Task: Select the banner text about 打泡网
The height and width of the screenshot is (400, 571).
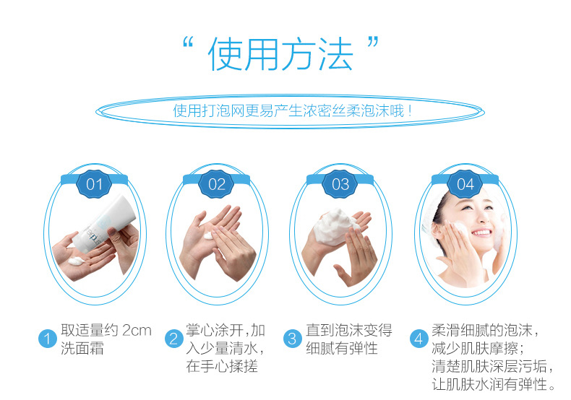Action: point(293,111)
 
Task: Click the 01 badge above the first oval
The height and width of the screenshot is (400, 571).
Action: point(95,184)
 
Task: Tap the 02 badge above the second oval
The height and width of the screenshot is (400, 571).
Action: point(217,184)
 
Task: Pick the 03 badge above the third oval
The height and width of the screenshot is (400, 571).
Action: point(340,184)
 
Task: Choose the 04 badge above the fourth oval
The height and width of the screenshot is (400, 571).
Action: point(465,184)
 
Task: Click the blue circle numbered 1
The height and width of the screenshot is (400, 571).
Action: point(48,339)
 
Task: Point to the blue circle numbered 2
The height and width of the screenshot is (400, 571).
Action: point(173,339)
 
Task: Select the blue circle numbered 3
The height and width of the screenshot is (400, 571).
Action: point(292,339)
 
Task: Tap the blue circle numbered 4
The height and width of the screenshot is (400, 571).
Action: point(418,339)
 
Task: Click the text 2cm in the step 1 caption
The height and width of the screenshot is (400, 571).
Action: point(137,331)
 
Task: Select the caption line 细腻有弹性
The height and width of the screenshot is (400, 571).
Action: point(342,348)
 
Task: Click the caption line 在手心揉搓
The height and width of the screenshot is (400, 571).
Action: point(222,366)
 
